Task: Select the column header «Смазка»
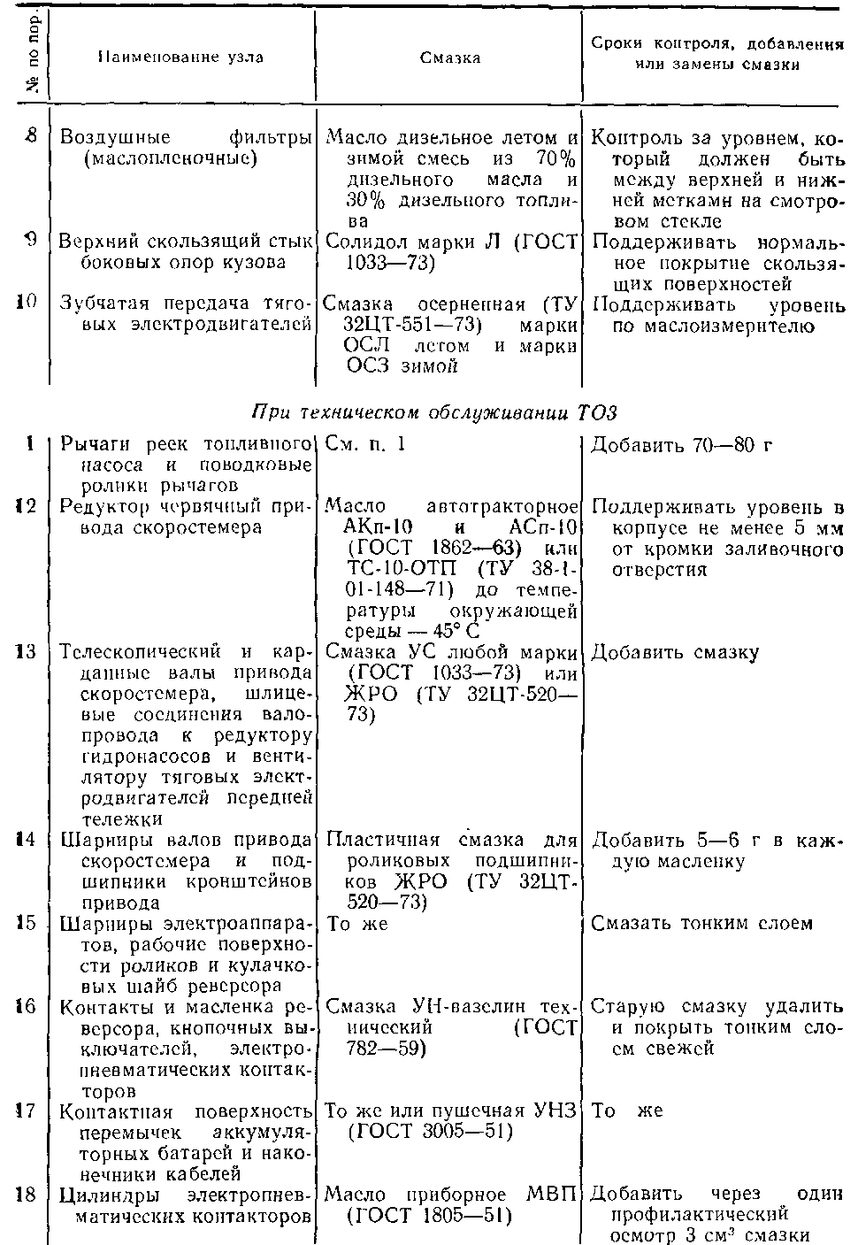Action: coord(450,58)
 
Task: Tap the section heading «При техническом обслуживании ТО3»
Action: coord(433,413)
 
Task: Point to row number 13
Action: coord(27,652)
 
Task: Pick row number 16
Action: coord(27,1007)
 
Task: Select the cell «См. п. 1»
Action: coord(365,444)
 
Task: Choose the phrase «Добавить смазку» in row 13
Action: coord(674,653)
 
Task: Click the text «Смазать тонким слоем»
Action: coord(701,923)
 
